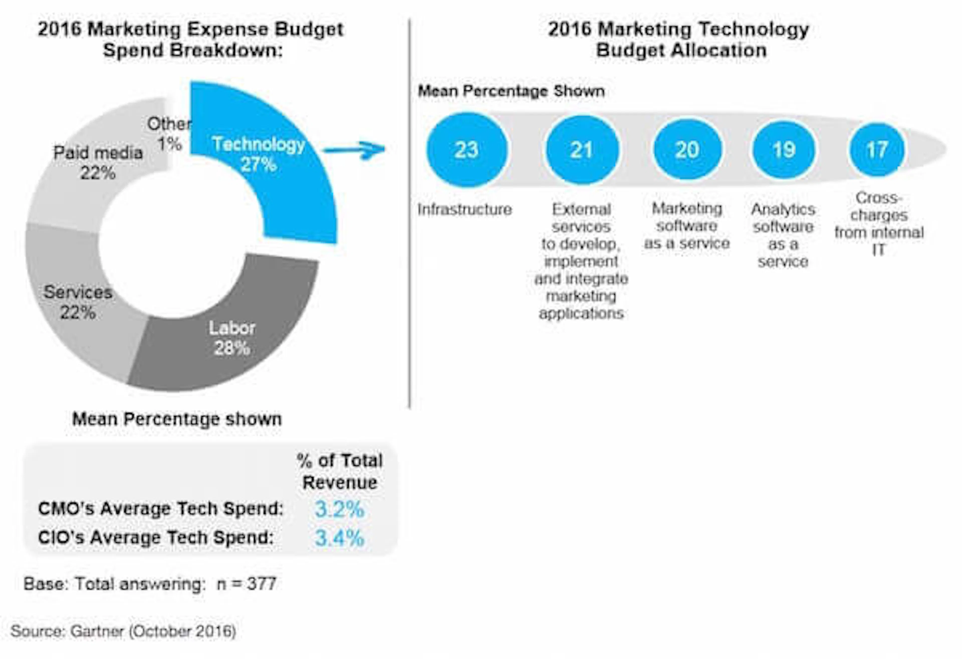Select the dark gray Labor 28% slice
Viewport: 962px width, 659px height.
point(232,337)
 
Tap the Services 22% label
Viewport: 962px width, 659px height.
point(78,302)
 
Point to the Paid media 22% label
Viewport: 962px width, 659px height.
point(98,163)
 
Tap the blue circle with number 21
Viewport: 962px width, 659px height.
point(582,150)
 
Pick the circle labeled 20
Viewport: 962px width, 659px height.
point(687,150)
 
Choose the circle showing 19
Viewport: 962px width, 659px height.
point(784,150)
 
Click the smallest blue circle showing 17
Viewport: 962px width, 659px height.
point(877,150)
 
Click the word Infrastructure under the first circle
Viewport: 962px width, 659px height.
point(464,209)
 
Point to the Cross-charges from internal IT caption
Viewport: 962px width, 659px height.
point(878,224)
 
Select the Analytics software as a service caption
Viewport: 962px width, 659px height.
point(783,235)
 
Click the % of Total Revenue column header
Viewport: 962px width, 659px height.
point(339,471)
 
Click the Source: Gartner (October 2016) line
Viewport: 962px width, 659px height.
point(123,631)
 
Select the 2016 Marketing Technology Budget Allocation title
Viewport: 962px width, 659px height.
point(679,40)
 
